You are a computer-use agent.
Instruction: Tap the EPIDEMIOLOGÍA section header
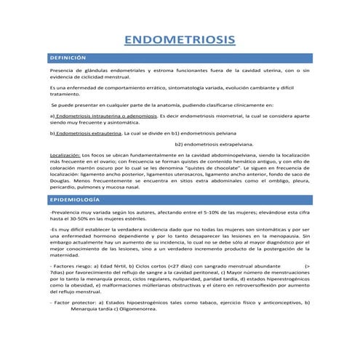74,199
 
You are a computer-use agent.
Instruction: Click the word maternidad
65,255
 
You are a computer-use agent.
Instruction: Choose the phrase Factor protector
76,301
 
